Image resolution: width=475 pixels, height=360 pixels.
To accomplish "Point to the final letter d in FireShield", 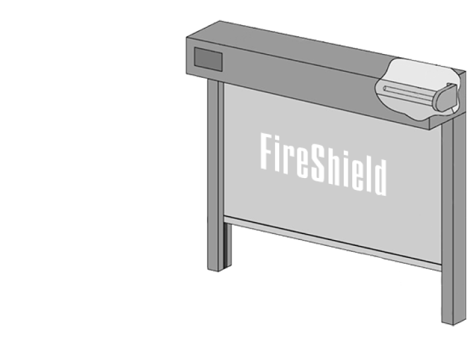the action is [381, 178].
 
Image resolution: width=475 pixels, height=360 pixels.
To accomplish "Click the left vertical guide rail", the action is [216, 175].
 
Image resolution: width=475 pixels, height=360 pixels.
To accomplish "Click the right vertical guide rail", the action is [453, 221].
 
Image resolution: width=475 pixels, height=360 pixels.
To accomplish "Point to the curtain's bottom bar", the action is [332, 243].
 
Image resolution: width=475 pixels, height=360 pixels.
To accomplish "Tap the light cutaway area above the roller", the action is [421, 73].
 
